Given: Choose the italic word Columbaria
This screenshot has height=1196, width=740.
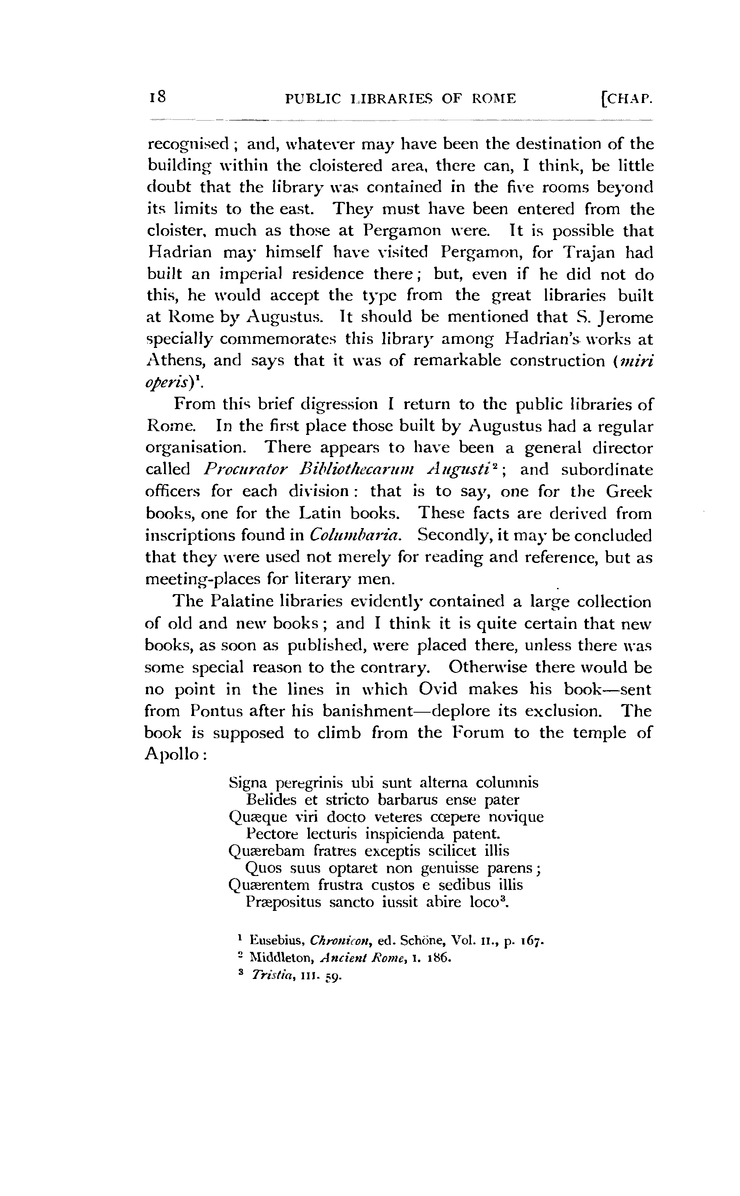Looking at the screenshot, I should coord(355,535).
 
